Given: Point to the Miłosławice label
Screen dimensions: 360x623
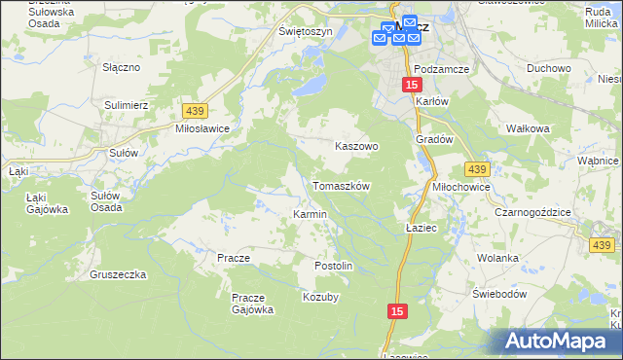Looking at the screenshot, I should point(202,128).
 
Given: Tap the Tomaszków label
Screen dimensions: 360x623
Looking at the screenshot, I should point(341,185).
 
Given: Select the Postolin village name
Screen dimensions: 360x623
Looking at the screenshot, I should point(332,266).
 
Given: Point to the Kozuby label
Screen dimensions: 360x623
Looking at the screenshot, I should point(321,297).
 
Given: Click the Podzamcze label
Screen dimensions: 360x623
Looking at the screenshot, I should point(442,69).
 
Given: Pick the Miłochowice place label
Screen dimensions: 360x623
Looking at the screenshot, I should point(461,187).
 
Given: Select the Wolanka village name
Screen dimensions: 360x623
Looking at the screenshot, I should point(497,259).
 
